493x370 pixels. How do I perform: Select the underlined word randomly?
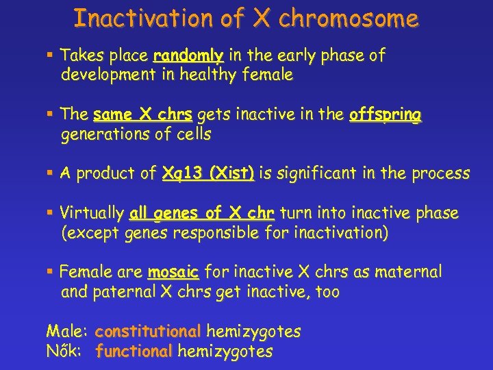click(x=189, y=56)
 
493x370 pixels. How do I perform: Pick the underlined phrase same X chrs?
click(x=142, y=115)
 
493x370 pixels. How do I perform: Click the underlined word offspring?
click(x=385, y=115)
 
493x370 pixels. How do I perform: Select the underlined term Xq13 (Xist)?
click(x=207, y=174)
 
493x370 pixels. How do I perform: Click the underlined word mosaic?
click(x=173, y=273)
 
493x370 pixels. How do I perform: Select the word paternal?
click(x=124, y=292)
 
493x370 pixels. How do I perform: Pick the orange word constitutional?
click(x=148, y=332)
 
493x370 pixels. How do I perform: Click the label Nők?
click(x=66, y=352)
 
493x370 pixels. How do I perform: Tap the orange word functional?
click(x=134, y=352)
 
